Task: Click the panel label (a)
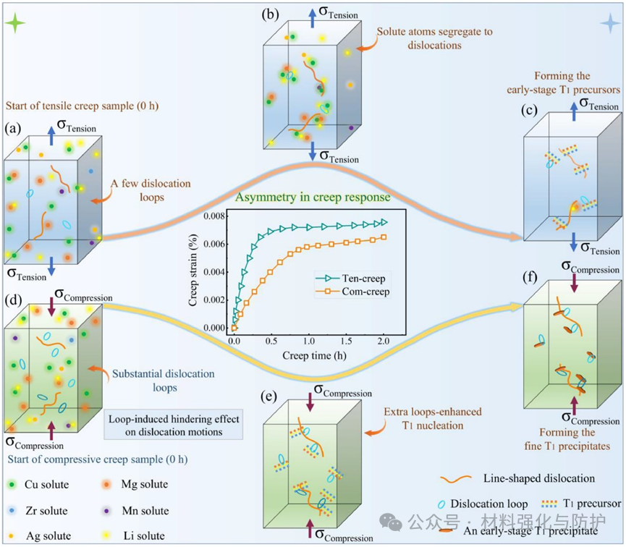13,130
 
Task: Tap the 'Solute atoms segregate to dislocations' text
418,39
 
